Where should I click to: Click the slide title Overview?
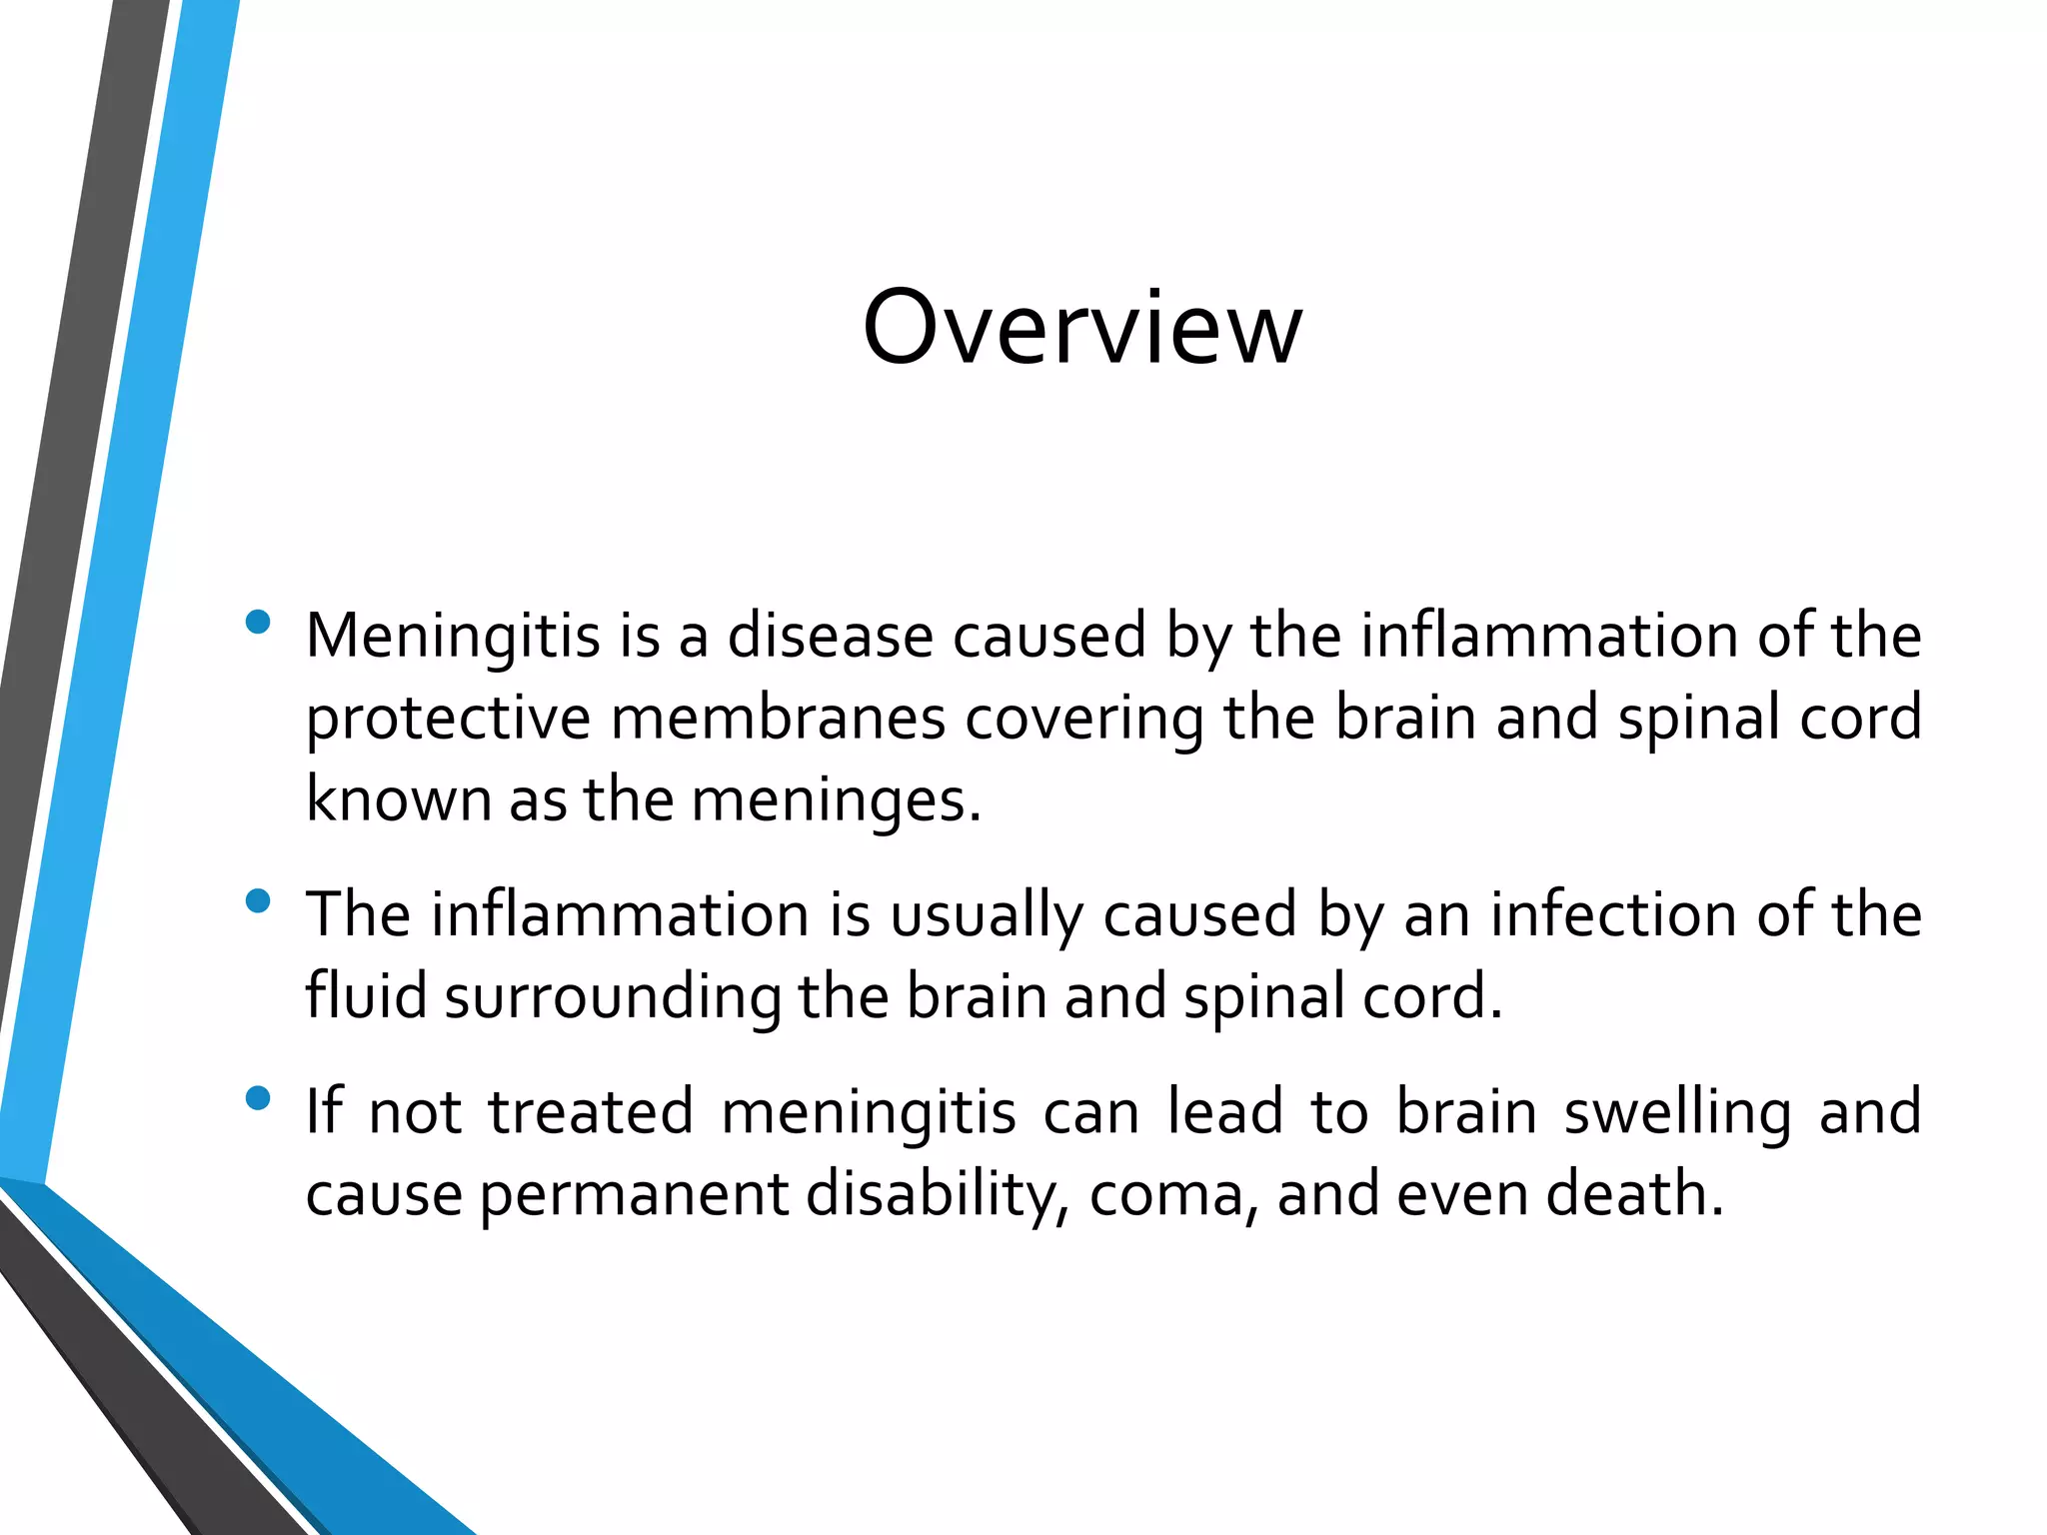(1082, 327)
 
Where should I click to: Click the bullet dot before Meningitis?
(258, 623)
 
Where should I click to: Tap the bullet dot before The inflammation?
(258, 901)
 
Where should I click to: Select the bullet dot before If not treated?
(258, 1099)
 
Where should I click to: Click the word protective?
(448, 720)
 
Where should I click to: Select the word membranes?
(778, 719)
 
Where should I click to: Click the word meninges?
(836, 801)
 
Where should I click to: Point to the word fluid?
(366, 996)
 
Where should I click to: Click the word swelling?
(1677, 1113)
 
